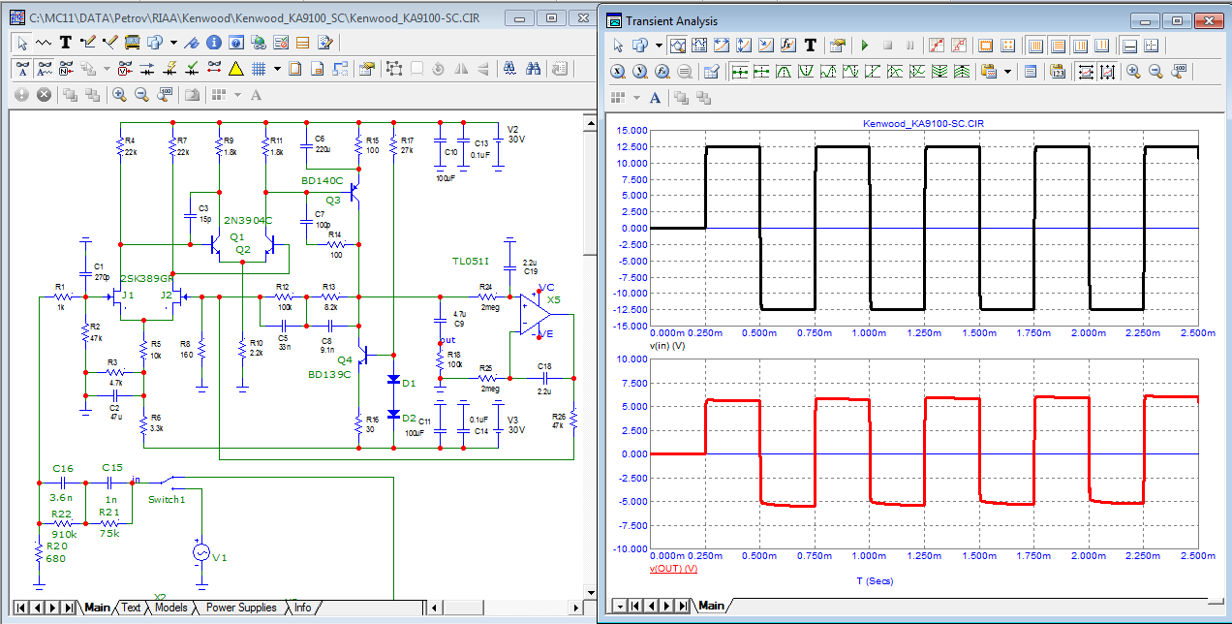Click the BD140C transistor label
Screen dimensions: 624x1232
pos(322,181)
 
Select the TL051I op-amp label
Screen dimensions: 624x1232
pos(471,262)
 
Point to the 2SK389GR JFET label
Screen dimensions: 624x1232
pos(146,278)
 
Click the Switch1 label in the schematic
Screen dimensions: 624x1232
pos(167,500)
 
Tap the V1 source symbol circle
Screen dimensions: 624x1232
pos(201,551)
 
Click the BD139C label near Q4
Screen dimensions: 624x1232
pos(329,374)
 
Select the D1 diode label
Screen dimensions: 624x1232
pos(408,384)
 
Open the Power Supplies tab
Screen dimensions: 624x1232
pos(241,608)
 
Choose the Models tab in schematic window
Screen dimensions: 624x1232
pos(170,608)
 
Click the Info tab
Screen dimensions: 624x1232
pos(303,608)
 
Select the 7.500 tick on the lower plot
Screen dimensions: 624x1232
pos(631,383)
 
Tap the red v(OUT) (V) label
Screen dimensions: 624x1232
pos(674,569)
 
